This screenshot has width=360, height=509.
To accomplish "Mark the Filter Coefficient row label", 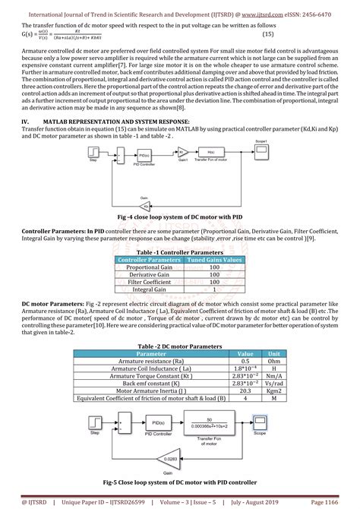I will [x=149, y=282].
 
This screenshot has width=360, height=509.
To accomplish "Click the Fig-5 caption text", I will [x=180, y=482].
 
